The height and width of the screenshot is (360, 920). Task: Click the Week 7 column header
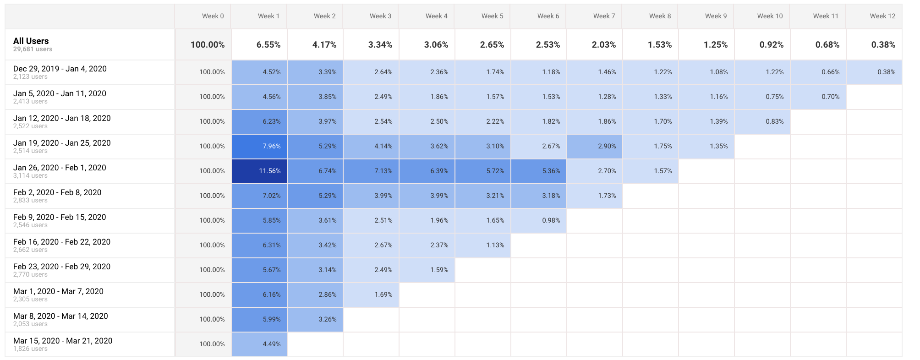(x=604, y=16)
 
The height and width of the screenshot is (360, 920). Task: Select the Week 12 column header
(x=882, y=16)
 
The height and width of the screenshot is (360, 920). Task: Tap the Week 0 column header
(x=213, y=16)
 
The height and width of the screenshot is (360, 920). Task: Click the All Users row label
(x=31, y=41)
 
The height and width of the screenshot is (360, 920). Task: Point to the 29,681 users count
(x=33, y=49)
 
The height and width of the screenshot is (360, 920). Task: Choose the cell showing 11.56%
(x=269, y=171)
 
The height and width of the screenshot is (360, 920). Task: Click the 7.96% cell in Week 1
(x=271, y=146)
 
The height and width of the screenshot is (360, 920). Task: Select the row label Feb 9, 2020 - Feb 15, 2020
(x=60, y=217)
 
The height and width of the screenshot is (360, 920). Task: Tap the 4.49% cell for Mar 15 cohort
(x=271, y=344)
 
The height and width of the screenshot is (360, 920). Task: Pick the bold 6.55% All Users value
(x=268, y=44)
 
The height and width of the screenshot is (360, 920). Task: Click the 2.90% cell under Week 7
(x=607, y=146)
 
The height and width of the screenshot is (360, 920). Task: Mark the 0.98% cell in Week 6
(x=551, y=220)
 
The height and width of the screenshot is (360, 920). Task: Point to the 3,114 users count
(x=30, y=176)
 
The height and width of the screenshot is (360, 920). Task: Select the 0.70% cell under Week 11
(x=830, y=97)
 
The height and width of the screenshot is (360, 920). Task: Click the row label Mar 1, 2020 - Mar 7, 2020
(x=58, y=291)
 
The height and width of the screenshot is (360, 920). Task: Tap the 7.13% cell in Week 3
(x=383, y=171)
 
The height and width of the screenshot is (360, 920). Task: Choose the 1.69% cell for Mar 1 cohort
(x=383, y=295)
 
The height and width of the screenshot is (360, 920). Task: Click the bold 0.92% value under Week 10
(x=772, y=44)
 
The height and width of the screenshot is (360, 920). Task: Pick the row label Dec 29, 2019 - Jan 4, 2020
(x=60, y=69)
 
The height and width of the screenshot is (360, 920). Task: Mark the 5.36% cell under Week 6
(x=551, y=171)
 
